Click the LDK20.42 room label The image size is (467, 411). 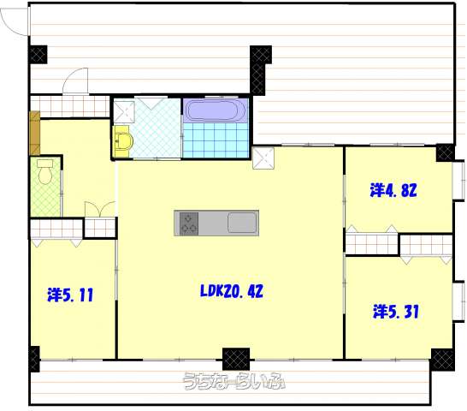click(232, 291)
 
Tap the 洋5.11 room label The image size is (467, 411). click(70, 295)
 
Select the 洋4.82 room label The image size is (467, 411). click(393, 190)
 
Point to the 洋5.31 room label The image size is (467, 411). click(396, 312)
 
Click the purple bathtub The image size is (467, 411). click(216, 110)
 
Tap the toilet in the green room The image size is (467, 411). click(45, 171)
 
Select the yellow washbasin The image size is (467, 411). click(122, 141)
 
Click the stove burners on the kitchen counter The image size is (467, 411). click(189, 223)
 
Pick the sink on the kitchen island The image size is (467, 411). click(242, 223)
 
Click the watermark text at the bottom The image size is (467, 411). click(233, 381)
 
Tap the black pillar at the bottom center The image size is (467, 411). click(236, 359)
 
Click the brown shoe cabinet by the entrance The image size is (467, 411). click(35, 133)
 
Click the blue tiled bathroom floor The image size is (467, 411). click(216, 140)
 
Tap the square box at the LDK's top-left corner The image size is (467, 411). click(263, 158)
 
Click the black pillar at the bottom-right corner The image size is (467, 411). click(443, 360)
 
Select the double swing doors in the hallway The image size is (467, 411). click(100, 208)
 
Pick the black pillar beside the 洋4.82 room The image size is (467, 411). click(446, 152)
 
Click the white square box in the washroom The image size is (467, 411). click(124, 112)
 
